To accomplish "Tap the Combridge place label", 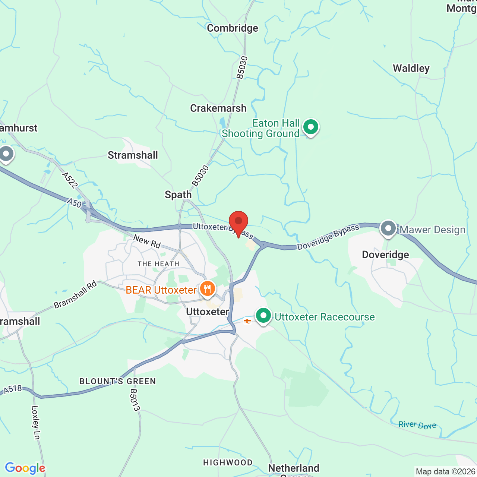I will tap(233, 28).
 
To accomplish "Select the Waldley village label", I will tap(411, 69).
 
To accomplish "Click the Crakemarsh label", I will tap(218, 108).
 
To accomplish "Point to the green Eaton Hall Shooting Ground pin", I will tap(310, 127).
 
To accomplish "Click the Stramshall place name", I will tap(133, 155).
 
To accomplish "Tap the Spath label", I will tap(178, 195).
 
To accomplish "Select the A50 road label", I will tap(74, 203).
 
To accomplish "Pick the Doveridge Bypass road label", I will tap(328, 237).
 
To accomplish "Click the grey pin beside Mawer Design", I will tap(388, 228).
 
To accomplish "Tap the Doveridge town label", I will tap(385, 255).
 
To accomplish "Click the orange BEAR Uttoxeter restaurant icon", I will tap(207, 289).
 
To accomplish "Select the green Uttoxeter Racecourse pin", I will tap(263, 316).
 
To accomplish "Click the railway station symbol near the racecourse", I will tap(247, 321).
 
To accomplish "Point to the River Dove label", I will tap(417, 425).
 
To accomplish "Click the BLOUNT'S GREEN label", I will tap(117, 381).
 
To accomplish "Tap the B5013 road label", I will tap(135, 400).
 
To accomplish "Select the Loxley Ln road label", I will tap(36, 422).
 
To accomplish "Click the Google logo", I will tap(25, 468).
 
